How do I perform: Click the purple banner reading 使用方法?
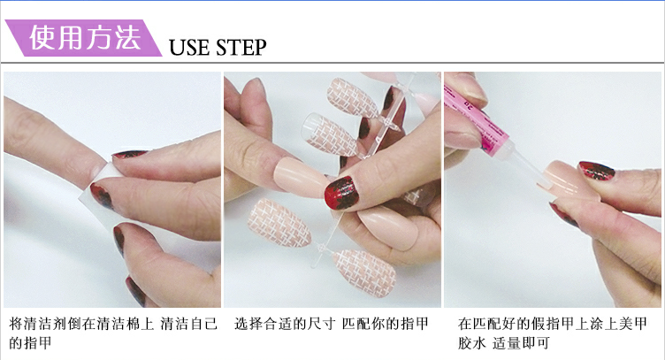pyautogui.click(x=83, y=38)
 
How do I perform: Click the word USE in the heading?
pyautogui.click(x=189, y=48)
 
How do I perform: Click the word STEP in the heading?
pyautogui.click(x=241, y=48)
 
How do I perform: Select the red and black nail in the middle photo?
pyautogui.click(x=341, y=193)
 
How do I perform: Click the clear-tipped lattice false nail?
pyautogui.click(x=329, y=134)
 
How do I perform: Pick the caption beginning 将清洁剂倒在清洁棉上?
pyautogui.click(x=113, y=333)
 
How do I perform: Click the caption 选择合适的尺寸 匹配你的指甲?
pyautogui.click(x=332, y=324)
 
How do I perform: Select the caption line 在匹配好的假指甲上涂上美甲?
pyautogui.click(x=552, y=324)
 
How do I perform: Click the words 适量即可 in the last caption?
pyautogui.click(x=521, y=342)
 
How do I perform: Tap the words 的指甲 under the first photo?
pyautogui.click(x=30, y=342)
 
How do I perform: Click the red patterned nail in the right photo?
pyautogui.click(x=597, y=171)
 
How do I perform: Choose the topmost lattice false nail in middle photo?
pyautogui.click(x=352, y=96)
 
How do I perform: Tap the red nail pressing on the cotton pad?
pyautogui.click(x=102, y=195)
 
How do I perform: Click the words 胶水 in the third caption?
pyautogui.click(x=471, y=342)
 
